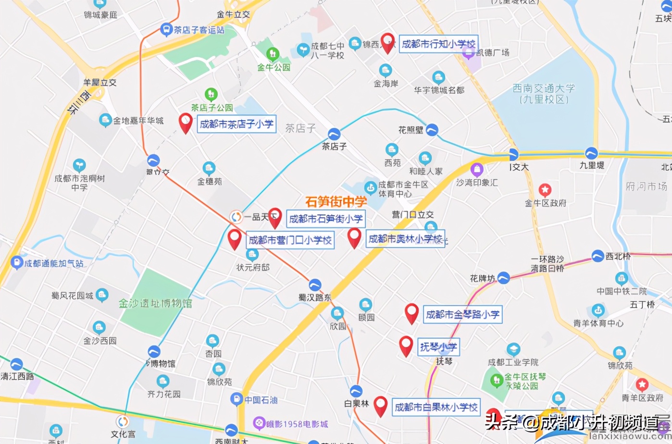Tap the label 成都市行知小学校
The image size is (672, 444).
tap(438, 44)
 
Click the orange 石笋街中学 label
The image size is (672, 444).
tap(336, 202)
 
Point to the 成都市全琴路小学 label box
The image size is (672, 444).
tap(462, 315)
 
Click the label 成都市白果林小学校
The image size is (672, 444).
tap(436, 407)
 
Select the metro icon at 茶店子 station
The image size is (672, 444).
tap(334, 134)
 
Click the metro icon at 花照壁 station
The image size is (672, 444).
tap(432, 129)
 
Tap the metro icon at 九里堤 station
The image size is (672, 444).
tap(591, 153)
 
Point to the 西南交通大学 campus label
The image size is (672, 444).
tap(544, 94)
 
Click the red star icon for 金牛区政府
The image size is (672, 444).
tap(545, 190)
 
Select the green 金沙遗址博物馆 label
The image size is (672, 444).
tap(155, 303)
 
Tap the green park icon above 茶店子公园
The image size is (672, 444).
tap(211, 94)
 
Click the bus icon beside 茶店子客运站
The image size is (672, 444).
tap(166, 30)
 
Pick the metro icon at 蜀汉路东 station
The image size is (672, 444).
tap(315, 285)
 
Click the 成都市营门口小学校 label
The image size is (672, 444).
tap(290, 240)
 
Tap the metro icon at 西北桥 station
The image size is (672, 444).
tap(598, 256)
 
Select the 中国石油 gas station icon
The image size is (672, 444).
tap(236, 399)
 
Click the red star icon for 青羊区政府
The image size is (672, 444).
tap(642, 384)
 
